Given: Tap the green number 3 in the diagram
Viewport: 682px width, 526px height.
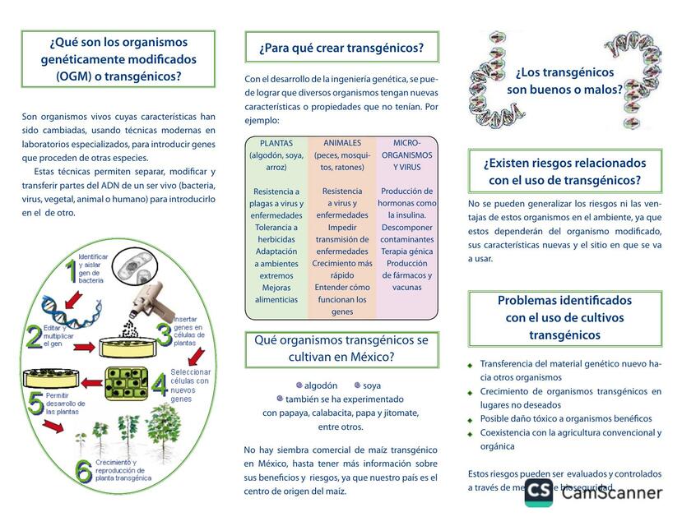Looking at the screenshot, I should pos(165,335).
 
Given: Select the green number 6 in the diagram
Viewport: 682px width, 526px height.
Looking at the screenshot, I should pos(83,469).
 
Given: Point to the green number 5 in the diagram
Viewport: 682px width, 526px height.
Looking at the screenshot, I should pos(35,404).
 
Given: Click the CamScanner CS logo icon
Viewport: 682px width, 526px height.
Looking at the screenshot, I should pos(539,491).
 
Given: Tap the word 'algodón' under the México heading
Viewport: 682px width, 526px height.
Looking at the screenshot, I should pos(321,385).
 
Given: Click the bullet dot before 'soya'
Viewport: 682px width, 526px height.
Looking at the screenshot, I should pos(356,385).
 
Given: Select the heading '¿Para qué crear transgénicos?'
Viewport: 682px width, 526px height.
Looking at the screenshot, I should pos(341,48).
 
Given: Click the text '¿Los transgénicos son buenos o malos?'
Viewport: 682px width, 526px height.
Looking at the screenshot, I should pos(564,81).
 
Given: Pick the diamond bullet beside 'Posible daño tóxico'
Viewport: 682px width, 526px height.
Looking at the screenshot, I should pos(470,420).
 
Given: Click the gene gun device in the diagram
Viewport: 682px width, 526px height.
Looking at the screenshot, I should pos(150,297).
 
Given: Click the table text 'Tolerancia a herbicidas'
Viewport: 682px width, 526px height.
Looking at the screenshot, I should pos(276,233).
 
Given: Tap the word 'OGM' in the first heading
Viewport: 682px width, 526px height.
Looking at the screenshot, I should pos(74,77).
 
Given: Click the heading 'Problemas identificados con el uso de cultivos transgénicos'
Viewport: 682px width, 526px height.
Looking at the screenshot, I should pos(564,318).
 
